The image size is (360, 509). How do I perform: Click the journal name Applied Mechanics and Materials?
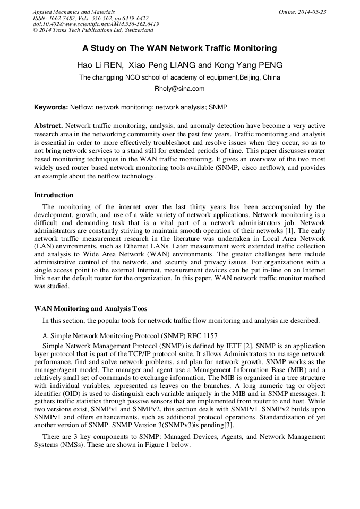tap(74, 11)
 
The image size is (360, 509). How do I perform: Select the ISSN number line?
tap(91, 18)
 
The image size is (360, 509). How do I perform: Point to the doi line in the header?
tap(96, 24)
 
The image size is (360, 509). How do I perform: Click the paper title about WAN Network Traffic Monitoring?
tap(179, 48)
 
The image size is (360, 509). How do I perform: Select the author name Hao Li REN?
tap(100, 65)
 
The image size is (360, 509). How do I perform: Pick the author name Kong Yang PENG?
tap(249, 65)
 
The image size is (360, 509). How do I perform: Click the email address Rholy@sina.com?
tap(179, 89)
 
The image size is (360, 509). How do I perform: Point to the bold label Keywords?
tap(51, 107)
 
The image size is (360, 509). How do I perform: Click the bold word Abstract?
tap(48, 126)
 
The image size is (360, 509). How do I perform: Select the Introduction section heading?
tap(54, 195)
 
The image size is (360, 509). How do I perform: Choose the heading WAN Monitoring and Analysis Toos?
tap(91, 309)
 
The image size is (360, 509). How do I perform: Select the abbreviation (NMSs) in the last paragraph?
tap(66, 445)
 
